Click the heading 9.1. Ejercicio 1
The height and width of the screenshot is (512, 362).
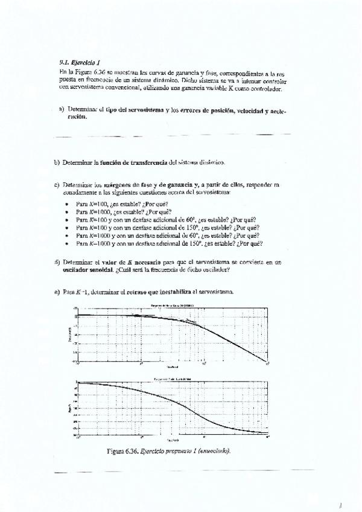[73, 62]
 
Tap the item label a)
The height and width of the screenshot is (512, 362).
[62, 110]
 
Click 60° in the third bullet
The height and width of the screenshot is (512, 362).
[192, 220]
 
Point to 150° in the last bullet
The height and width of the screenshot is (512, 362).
[194, 243]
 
